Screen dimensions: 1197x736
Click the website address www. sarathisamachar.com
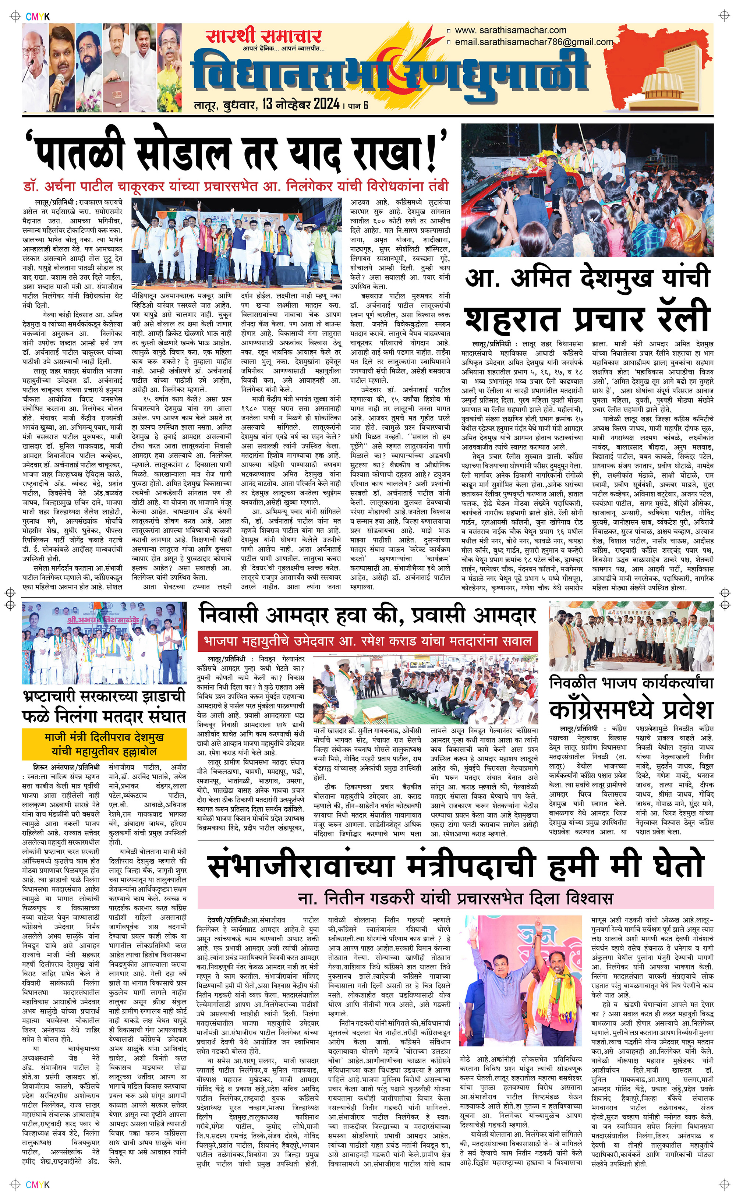coord(510,30)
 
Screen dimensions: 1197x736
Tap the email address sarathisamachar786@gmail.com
coord(534,42)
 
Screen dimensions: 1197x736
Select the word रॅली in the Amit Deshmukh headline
coord(679,317)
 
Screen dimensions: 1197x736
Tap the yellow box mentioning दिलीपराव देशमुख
coord(104,744)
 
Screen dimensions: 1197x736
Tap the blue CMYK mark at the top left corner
coord(38,17)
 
